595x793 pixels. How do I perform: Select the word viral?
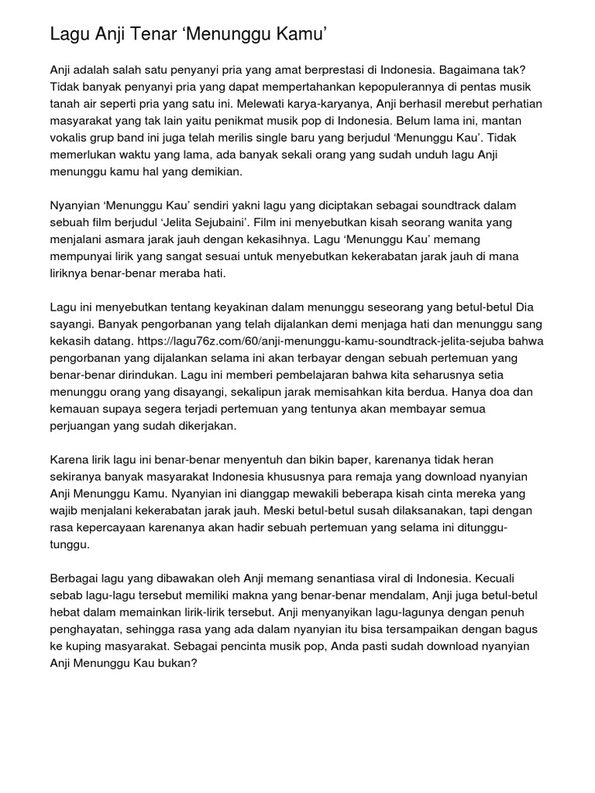[397, 578]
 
